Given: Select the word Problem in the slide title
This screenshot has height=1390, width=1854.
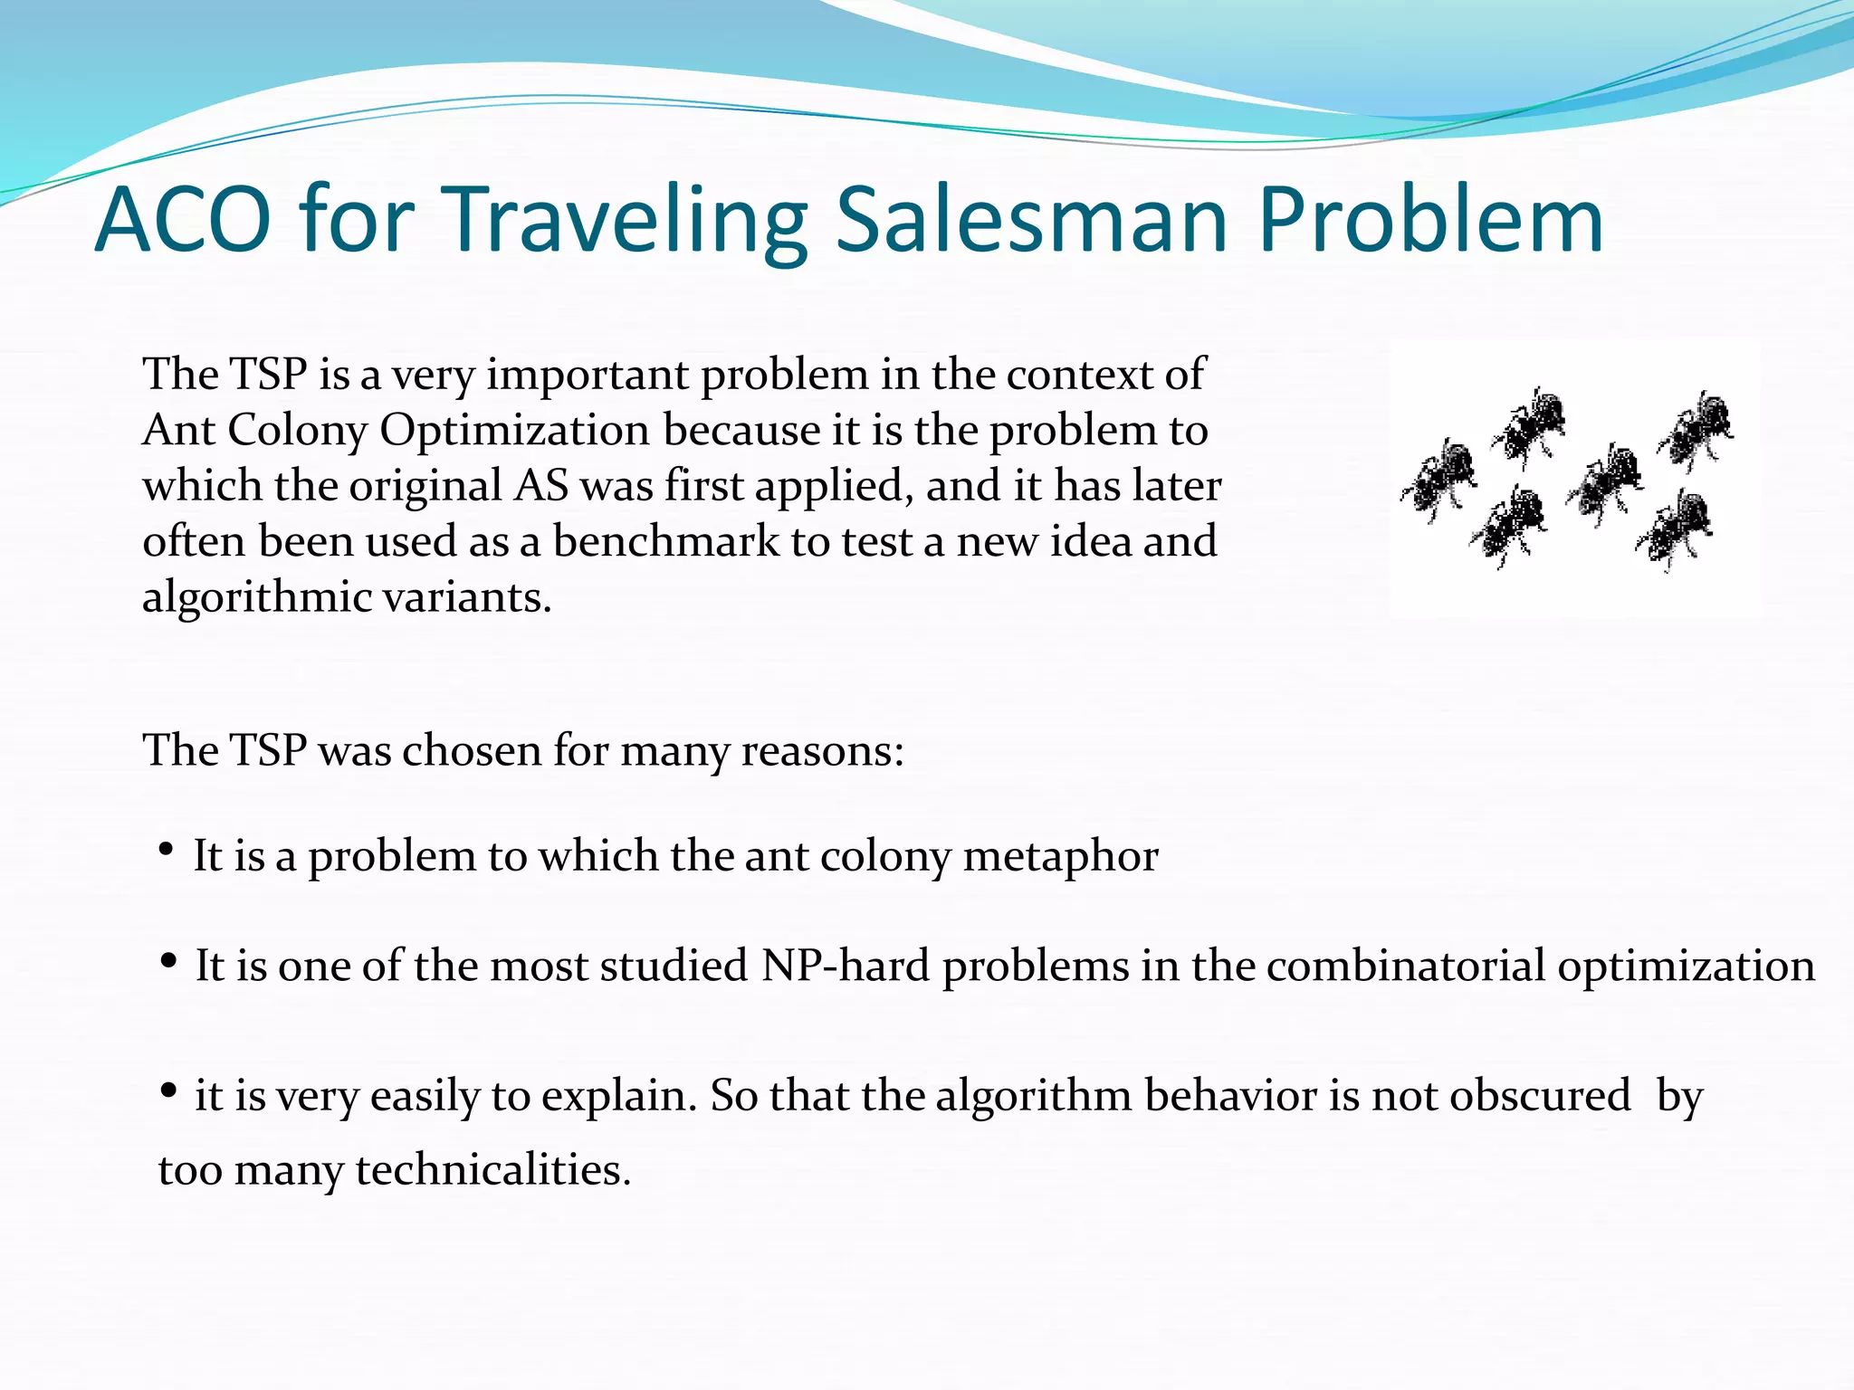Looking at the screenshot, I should click(1430, 220).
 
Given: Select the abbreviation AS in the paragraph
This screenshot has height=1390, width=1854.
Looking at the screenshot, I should click(540, 486).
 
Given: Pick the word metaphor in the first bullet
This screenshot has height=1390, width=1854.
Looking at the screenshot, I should click(1060, 856).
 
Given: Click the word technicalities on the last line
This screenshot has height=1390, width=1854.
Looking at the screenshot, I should click(492, 1169).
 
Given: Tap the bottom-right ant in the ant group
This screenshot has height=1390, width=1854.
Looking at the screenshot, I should click(1675, 529).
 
